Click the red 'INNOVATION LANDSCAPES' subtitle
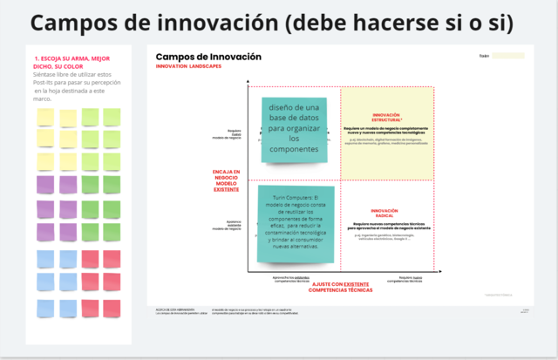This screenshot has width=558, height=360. [188, 67]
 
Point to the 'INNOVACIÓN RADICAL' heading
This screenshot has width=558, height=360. [384, 212]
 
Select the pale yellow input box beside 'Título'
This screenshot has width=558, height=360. [508, 56]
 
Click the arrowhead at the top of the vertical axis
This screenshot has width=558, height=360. [248, 82]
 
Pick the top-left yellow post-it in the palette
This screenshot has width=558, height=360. [44, 116]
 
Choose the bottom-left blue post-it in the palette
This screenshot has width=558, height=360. [44, 307]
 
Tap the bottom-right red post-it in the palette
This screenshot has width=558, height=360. [112, 307]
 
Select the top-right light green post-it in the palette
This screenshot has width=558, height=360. [112, 116]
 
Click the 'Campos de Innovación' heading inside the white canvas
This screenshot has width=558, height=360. [208, 57]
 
